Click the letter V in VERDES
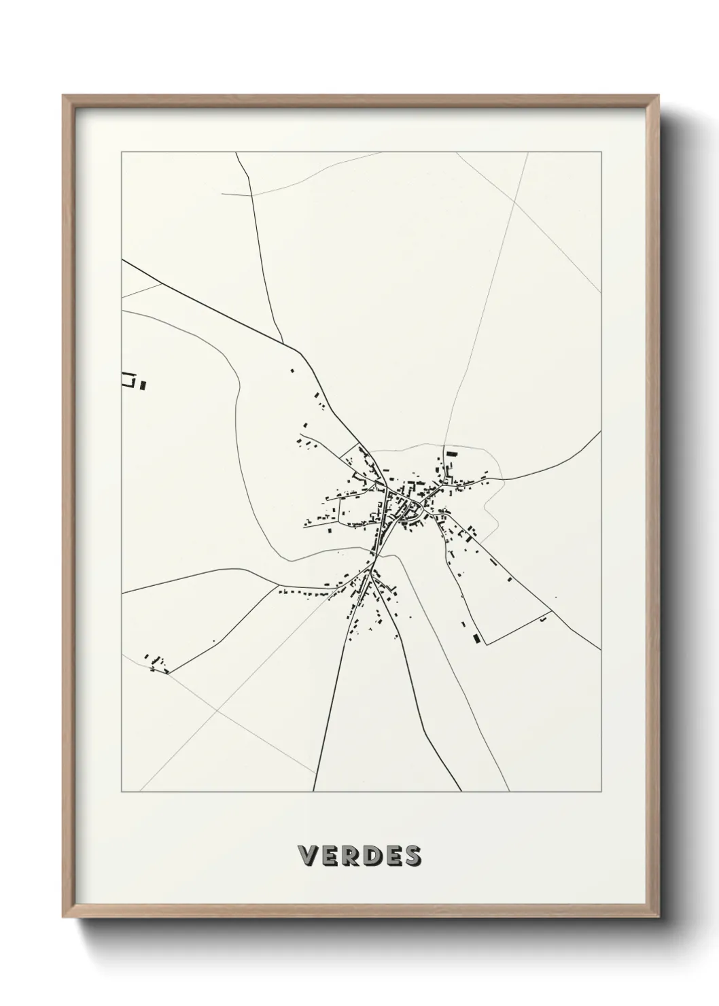(307, 856)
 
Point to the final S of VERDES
(413, 856)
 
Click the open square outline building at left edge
(127, 379)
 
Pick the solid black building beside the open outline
(143, 385)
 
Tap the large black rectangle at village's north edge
(452, 453)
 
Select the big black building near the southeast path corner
(476, 638)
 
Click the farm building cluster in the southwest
(156, 663)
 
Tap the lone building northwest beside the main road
(293, 370)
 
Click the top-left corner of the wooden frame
(64, 96)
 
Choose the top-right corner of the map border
(600, 152)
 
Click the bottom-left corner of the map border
(122, 792)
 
